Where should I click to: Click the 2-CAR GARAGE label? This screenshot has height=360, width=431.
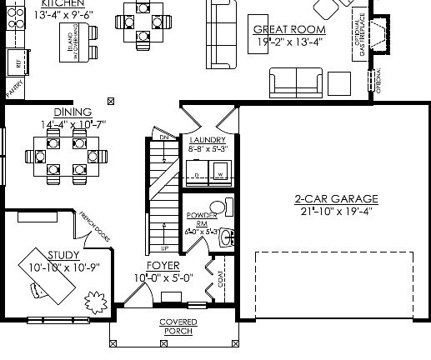336,198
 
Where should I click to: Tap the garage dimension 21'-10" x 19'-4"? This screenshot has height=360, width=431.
336,211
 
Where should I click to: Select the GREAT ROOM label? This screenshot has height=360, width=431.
288,30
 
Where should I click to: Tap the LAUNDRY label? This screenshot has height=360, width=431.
208,140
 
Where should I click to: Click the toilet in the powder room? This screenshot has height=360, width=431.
218,207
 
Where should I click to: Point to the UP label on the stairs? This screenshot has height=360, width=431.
163,248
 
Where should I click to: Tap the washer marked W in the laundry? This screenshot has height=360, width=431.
221,174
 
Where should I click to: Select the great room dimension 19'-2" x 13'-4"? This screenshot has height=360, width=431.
288,42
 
